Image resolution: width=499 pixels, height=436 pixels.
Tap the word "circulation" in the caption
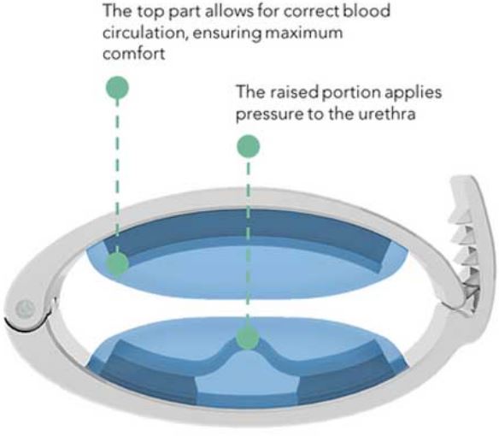point(145,32)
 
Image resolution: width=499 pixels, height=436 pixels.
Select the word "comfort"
point(134,53)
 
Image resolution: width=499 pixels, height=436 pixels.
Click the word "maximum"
point(304,32)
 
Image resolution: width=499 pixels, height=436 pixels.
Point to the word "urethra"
point(387,114)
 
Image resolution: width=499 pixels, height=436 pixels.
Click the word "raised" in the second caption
point(294,92)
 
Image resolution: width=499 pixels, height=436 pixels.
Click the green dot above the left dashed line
point(117,87)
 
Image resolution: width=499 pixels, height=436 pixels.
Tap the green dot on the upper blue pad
point(117,264)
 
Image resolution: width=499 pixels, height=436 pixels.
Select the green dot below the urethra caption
point(249,146)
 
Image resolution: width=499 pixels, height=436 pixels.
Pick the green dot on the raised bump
point(248,338)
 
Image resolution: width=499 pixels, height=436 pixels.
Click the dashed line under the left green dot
point(117,176)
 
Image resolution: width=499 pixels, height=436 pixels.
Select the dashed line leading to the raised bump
point(249,242)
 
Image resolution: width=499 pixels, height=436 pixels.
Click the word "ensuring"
point(227,33)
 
